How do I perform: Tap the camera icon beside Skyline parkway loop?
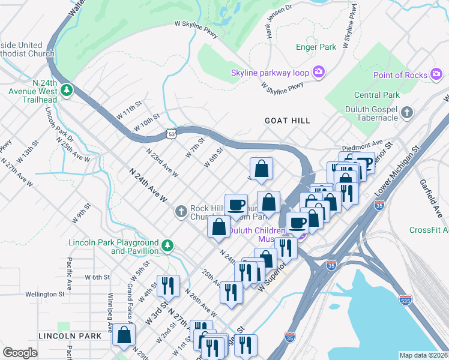pos(318,73)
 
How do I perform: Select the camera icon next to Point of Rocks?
pos(437,74)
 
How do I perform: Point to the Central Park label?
pos(376,95)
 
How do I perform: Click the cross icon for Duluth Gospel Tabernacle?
pos(407,113)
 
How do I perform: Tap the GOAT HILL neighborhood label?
pos(288,121)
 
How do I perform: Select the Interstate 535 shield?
pos(406,298)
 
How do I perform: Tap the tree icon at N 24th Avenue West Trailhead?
pos(67,90)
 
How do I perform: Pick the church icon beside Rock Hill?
pos(181,212)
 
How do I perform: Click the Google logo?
pos(20,353)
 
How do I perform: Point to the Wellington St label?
pos(44,294)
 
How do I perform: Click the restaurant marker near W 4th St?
pos(167,284)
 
